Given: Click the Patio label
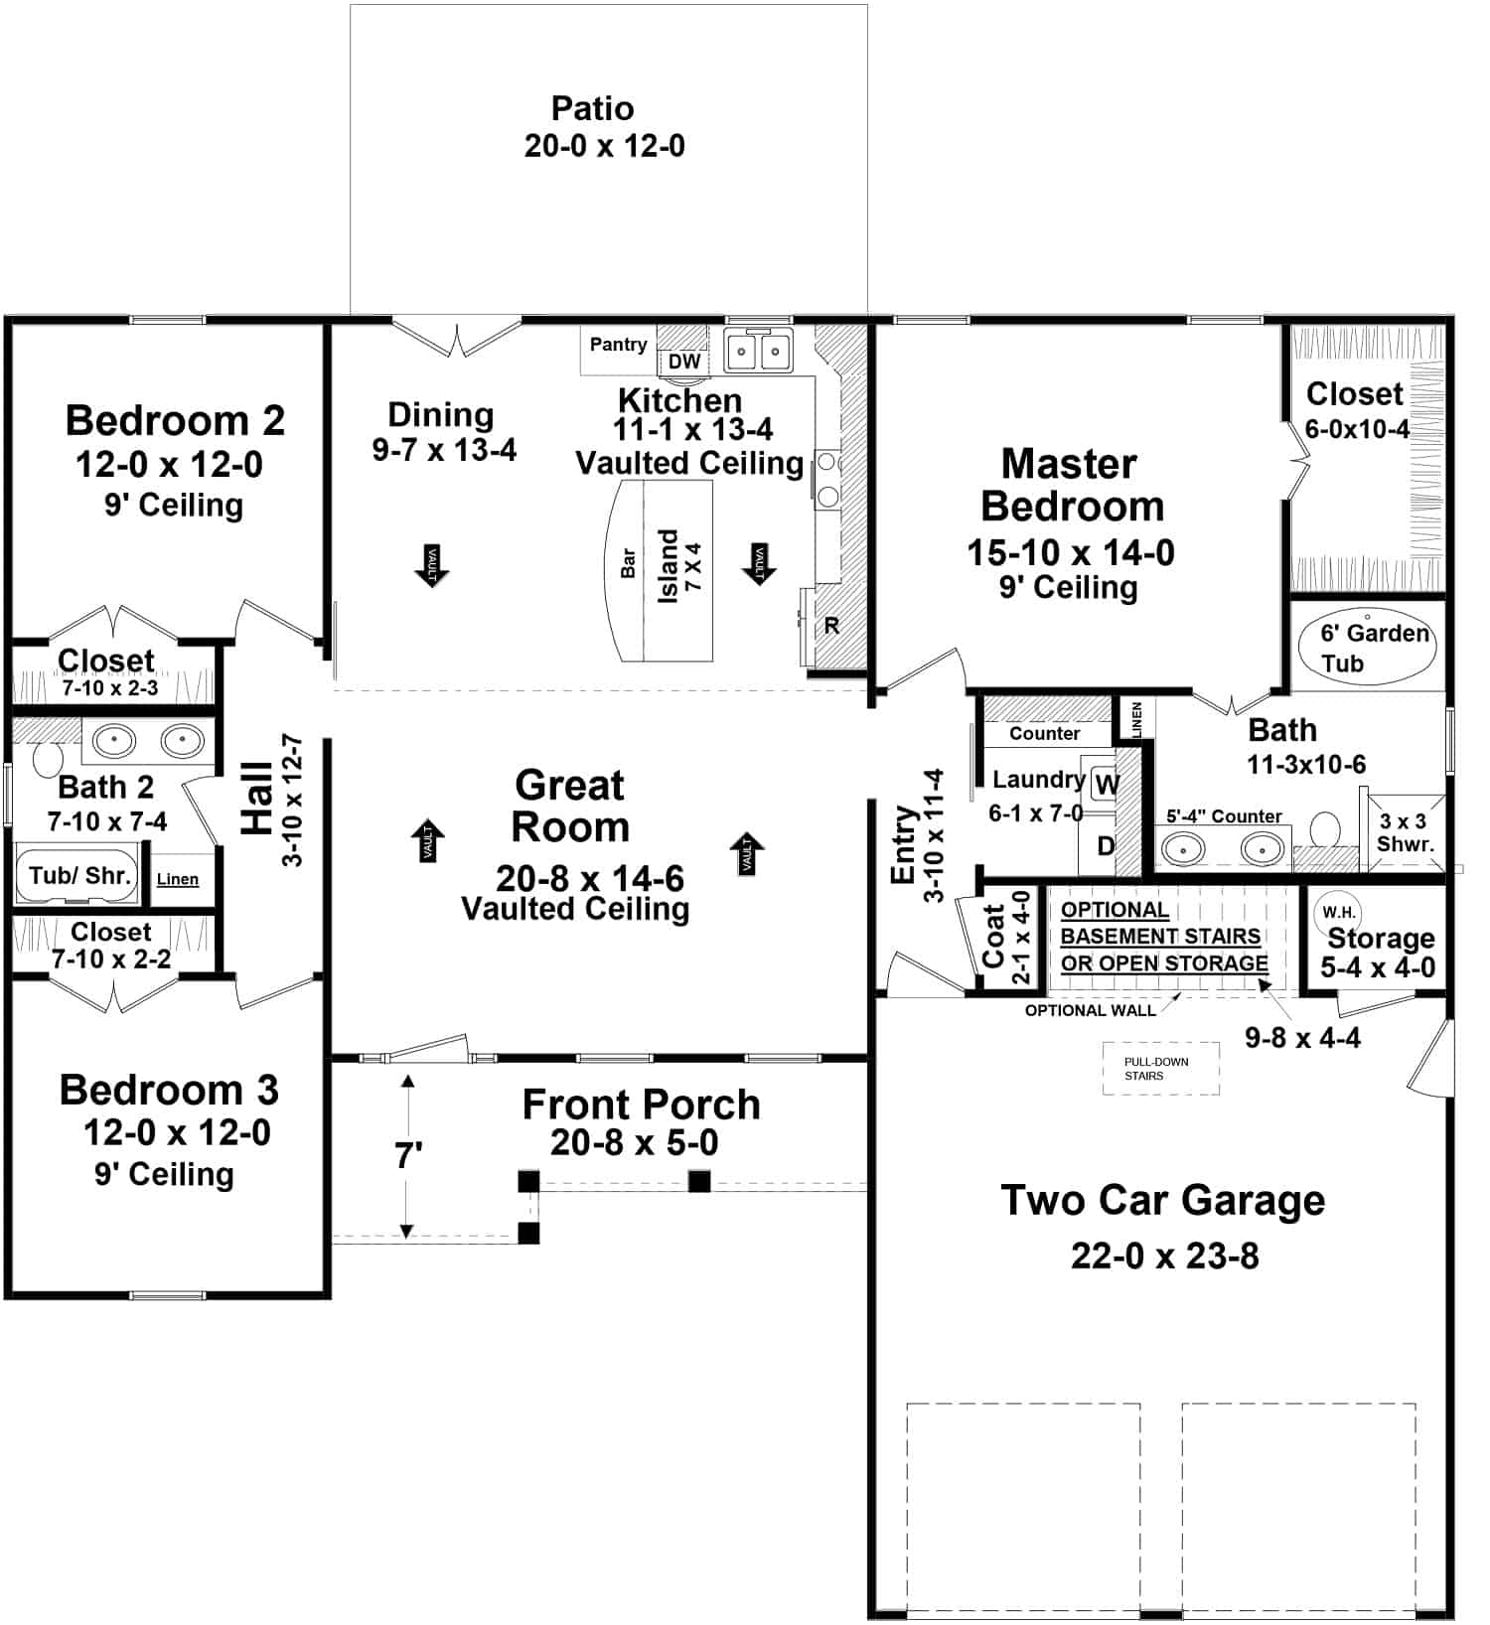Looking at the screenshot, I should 592,108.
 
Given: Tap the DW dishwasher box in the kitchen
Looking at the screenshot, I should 683,362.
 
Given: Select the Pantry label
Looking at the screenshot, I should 618,345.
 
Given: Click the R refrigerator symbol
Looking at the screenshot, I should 831,626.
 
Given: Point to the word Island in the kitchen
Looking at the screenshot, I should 668,565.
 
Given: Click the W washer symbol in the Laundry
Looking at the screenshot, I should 1106,785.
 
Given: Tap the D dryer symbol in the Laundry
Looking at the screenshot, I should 1105,846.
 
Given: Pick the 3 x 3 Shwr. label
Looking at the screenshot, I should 1405,833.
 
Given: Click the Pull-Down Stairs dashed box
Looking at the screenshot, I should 1160,1069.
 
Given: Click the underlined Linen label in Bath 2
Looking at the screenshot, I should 178,879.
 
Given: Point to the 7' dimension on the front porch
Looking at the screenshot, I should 408,1155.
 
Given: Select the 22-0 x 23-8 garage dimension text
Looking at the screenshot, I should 1164,1256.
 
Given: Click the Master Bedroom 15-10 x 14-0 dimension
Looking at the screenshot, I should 1071,552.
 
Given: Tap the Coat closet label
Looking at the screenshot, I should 994,936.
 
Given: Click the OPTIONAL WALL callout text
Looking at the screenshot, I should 1090,1010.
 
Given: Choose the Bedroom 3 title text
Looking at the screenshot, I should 169,1090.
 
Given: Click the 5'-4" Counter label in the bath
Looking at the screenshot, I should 1224,816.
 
